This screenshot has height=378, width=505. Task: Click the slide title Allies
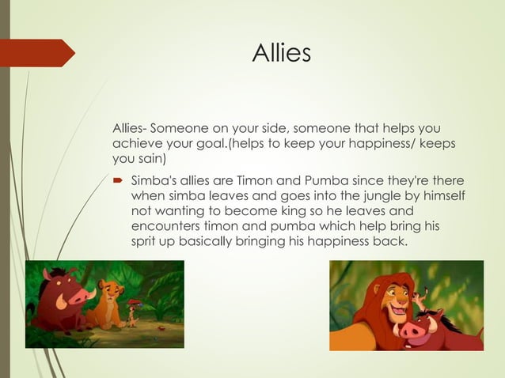coord(281,53)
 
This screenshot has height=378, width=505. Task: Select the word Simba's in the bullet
coord(154,180)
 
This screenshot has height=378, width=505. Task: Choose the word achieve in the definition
coord(137,143)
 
